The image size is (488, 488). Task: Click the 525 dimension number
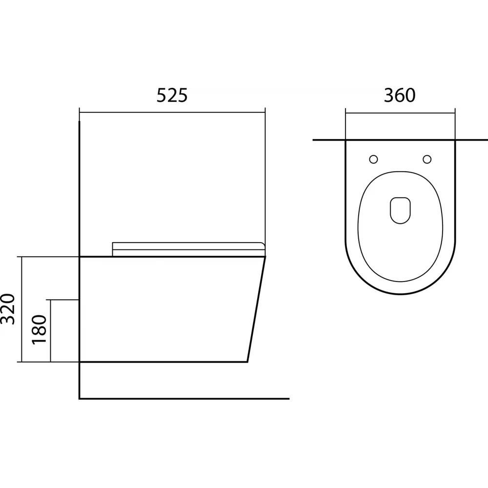[172, 96]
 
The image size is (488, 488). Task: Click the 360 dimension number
[400, 96]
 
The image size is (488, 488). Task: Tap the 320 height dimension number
[10, 309]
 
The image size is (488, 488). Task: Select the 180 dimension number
[39, 329]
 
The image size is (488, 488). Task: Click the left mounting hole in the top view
[374, 159]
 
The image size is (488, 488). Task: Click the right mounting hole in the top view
[427, 159]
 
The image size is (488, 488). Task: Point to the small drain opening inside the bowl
[401, 210]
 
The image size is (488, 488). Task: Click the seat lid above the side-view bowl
[188, 248]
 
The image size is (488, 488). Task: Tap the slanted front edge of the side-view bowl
[257, 310]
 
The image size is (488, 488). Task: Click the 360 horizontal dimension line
[400, 113]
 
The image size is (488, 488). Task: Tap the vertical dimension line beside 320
[22, 309]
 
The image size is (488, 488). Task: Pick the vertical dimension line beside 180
[51, 330]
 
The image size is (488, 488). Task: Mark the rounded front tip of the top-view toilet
[401, 295]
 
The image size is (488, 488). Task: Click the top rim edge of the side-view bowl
[171, 257]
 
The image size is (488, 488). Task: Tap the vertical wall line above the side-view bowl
[79, 185]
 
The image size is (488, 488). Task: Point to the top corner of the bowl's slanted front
[264, 257]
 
